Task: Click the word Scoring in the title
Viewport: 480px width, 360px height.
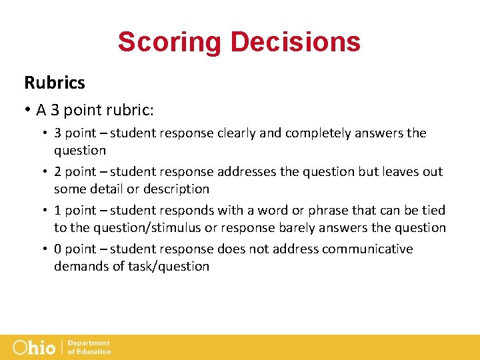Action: click(x=170, y=41)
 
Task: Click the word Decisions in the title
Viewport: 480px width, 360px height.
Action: click(x=296, y=41)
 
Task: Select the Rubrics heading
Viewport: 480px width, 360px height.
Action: click(x=55, y=83)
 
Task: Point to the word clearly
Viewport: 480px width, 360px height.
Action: click(x=236, y=133)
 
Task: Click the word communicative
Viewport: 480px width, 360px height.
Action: click(x=367, y=249)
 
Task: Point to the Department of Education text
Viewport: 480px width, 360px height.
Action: click(x=89, y=347)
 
